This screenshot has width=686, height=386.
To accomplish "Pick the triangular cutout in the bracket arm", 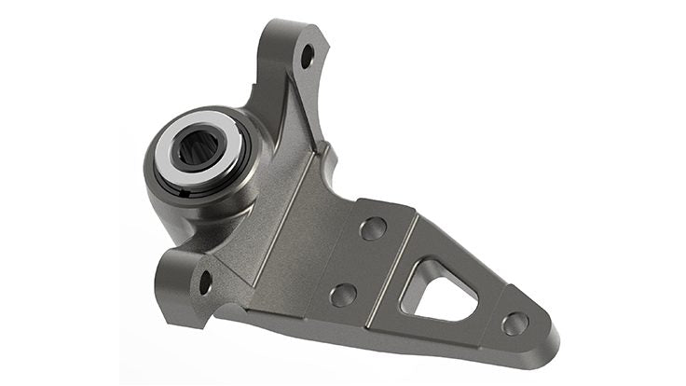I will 438,289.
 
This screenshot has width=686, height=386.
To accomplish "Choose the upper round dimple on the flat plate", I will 374,228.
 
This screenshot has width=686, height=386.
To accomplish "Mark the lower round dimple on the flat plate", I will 342,295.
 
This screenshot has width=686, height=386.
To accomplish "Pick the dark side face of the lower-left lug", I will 177,289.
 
